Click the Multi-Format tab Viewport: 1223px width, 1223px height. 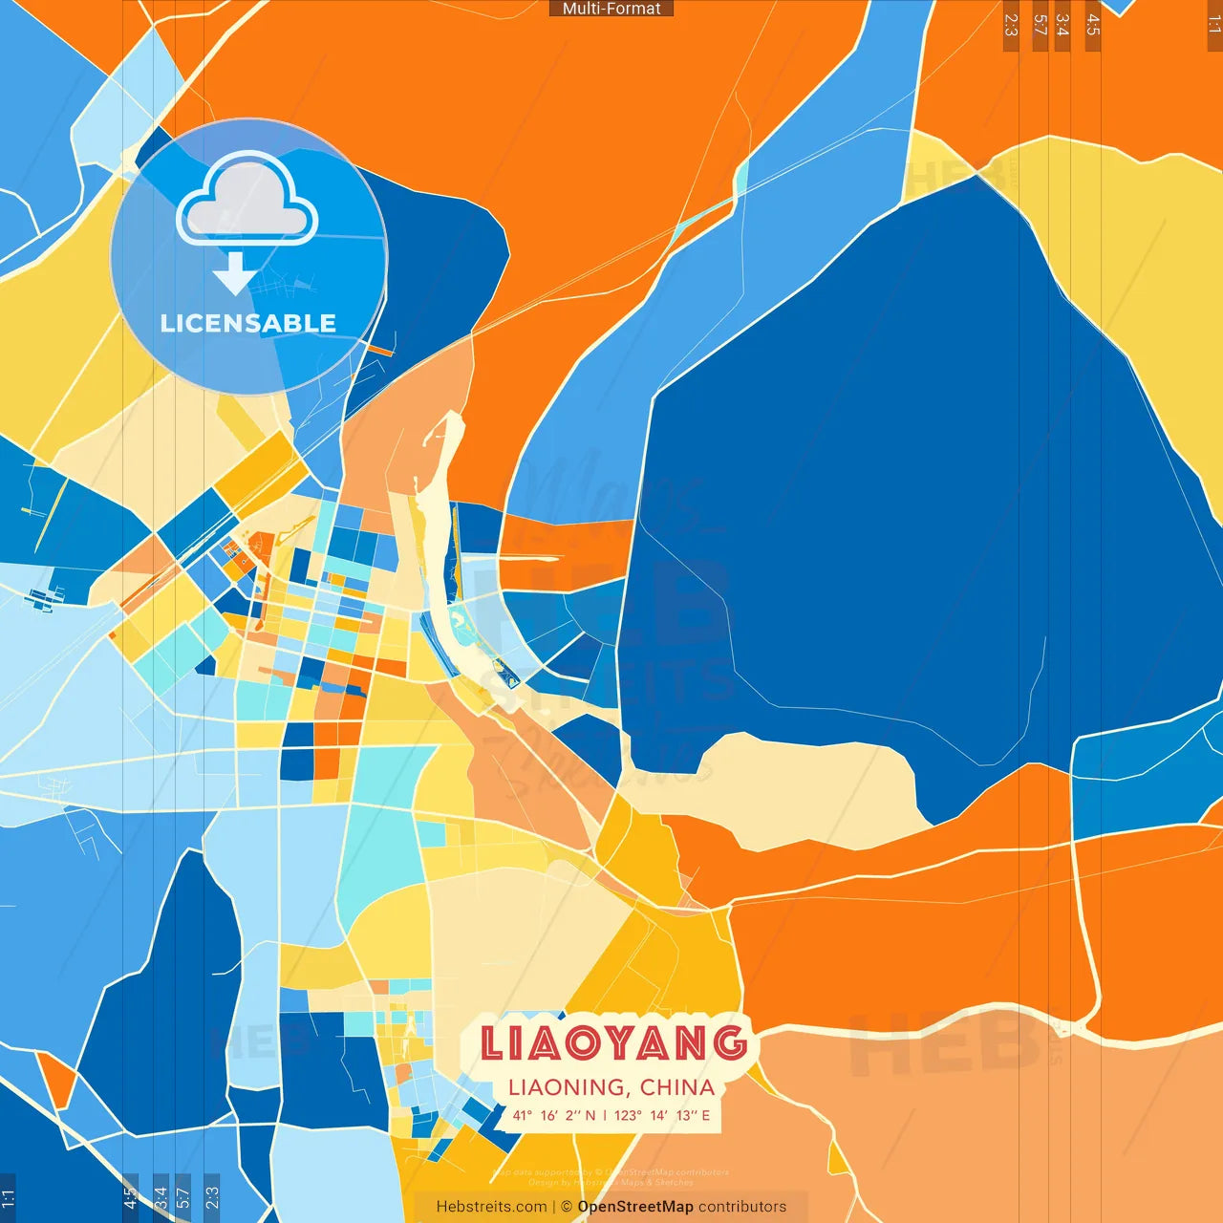[611, 9]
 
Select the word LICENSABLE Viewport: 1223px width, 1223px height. [248, 324]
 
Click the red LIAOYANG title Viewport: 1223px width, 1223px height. [613, 1043]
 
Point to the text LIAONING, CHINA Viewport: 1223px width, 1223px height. [611, 1087]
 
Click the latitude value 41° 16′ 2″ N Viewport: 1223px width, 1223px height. [553, 1115]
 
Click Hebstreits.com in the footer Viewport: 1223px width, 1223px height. [491, 1207]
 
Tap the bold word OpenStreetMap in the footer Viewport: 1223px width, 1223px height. [635, 1207]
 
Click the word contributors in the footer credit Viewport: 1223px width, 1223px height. [742, 1207]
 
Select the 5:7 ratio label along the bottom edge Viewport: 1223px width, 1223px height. [182, 1196]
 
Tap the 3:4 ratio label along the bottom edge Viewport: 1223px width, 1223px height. [161, 1196]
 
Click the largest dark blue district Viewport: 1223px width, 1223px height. [908, 497]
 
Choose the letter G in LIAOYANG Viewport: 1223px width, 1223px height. [730, 1043]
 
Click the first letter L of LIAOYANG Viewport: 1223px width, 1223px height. [491, 1043]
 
